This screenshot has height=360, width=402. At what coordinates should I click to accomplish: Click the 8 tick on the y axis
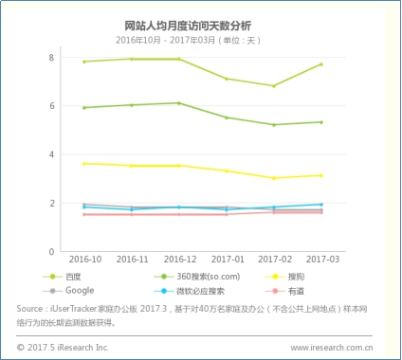(x=51, y=58)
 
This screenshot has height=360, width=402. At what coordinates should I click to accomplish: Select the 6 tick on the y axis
(x=51, y=106)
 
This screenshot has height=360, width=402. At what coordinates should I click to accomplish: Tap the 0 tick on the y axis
(x=51, y=251)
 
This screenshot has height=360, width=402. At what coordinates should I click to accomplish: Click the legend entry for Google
(x=81, y=290)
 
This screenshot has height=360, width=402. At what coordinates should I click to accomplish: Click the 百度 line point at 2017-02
(x=274, y=86)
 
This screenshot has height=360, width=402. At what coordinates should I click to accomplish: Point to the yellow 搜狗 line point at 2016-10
(x=83, y=164)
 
